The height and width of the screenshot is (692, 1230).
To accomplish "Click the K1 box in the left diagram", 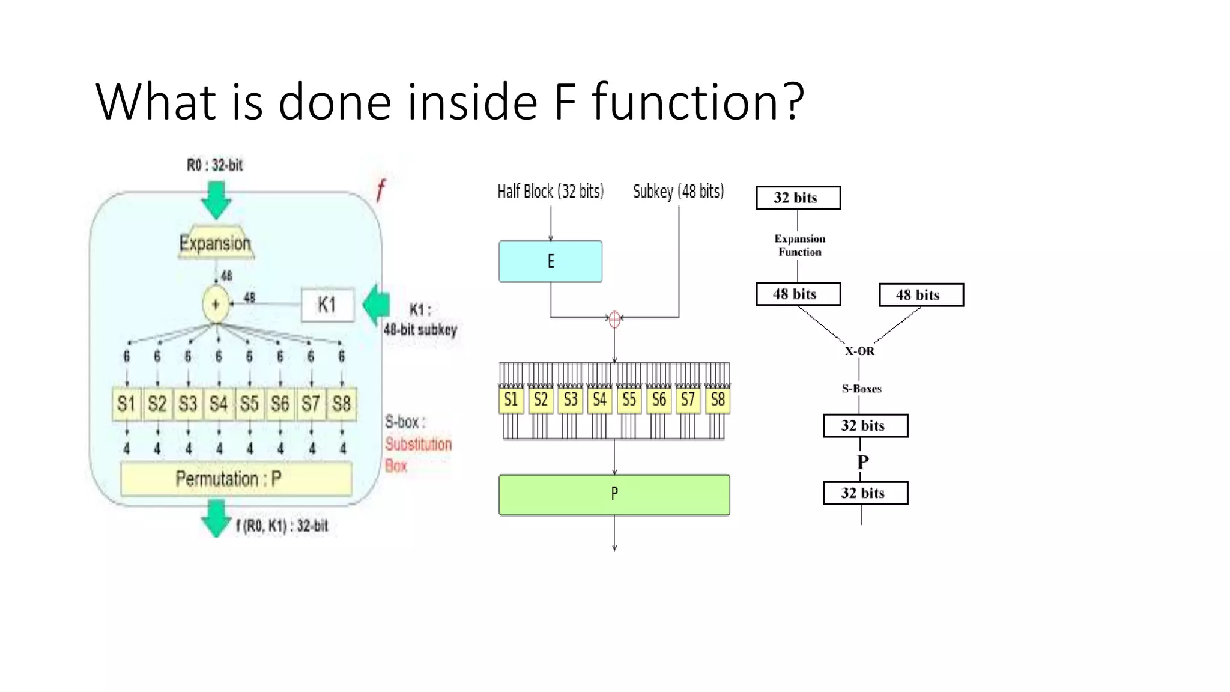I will (327, 305).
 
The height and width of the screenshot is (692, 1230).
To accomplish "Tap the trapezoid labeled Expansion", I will (215, 243).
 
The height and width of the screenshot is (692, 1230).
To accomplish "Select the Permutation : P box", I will (235, 479).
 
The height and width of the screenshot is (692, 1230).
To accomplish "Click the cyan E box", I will (550, 261).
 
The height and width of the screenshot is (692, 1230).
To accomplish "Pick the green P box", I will (614, 494).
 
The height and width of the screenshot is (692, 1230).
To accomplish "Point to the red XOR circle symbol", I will (614, 318).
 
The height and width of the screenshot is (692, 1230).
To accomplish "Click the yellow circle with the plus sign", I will (216, 304).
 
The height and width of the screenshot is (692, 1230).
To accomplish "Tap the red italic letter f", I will (380, 190).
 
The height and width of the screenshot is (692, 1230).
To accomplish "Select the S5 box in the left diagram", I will (249, 403).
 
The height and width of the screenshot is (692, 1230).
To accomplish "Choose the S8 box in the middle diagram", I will (718, 400).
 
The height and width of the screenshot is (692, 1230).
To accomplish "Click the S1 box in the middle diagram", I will (511, 400).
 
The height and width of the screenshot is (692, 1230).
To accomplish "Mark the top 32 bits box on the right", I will (798, 198).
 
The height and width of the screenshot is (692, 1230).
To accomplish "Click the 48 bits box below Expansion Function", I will (798, 294).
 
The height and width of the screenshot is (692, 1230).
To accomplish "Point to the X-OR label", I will (859, 351).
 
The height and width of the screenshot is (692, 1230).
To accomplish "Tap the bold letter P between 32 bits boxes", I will (863, 461).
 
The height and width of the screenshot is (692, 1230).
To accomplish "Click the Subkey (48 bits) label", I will (678, 192).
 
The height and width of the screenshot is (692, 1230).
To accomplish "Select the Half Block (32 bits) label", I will (550, 192).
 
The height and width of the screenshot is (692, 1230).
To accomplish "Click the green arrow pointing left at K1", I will (377, 303).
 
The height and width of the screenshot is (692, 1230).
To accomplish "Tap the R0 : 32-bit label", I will (214, 165).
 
